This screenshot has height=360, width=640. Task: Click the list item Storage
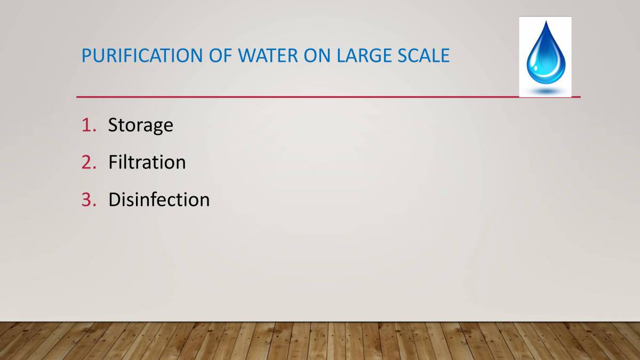(x=140, y=125)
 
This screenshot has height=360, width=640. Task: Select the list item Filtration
(x=147, y=162)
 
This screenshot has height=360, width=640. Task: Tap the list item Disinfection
(x=158, y=199)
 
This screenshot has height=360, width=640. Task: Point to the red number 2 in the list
(x=87, y=162)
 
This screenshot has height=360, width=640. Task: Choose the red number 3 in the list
(x=87, y=199)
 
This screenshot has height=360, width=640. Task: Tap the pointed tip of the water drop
(x=545, y=23)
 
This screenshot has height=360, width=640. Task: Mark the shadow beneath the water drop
(x=545, y=92)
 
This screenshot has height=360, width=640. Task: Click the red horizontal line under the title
(x=299, y=97)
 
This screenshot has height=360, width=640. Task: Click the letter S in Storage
(x=113, y=125)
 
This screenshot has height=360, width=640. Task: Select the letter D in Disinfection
(x=114, y=199)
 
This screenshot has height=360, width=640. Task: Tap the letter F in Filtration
(x=113, y=162)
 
